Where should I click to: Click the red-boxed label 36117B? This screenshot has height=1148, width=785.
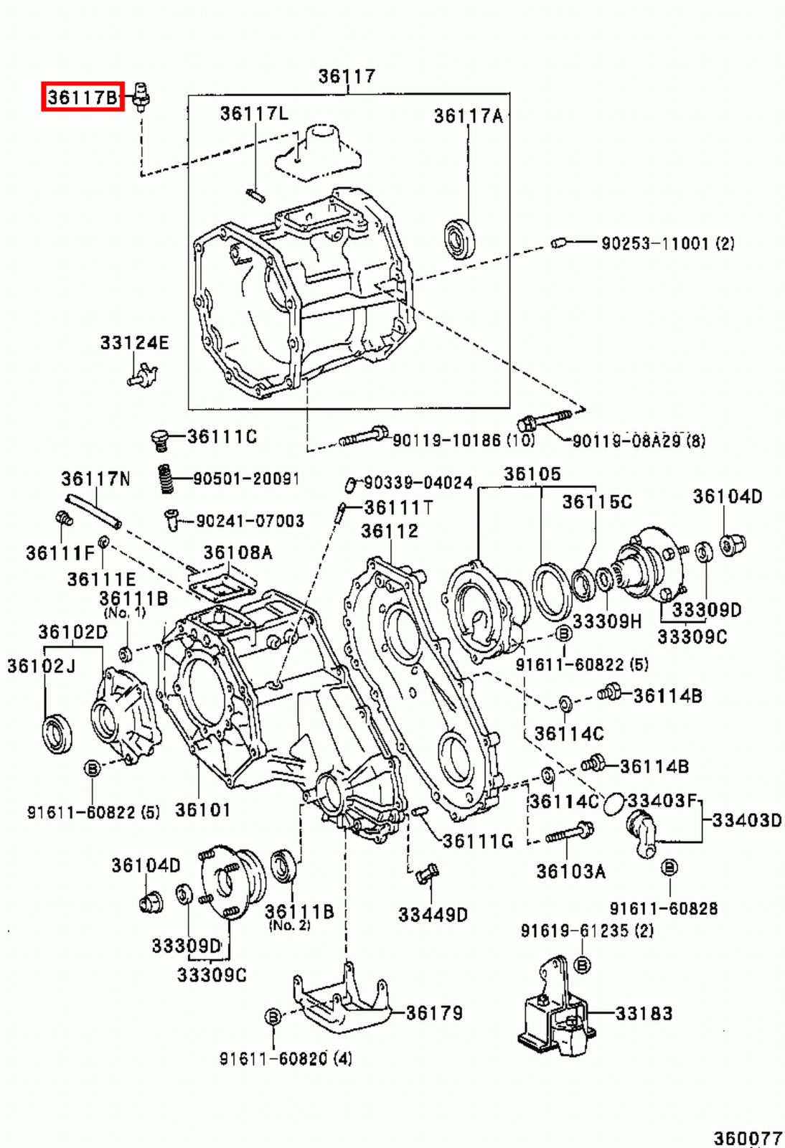[83, 96]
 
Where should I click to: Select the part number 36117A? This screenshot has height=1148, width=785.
[468, 116]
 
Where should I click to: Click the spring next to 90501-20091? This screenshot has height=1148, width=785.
[166, 479]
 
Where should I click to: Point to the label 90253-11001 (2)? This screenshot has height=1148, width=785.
[667, 243]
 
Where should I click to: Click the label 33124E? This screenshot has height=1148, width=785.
[134, 343]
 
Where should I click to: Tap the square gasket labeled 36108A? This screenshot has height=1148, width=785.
[222, 586]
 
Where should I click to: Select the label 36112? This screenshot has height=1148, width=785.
[389, 531]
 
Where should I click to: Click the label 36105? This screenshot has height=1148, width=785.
[532, 474]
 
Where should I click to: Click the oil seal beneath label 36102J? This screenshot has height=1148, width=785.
[57, 733]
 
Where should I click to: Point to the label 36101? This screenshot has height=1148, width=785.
[203, 810]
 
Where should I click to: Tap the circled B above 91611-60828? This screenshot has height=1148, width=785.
[669, 867]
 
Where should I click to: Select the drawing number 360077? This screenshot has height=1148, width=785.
[747, 1138]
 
